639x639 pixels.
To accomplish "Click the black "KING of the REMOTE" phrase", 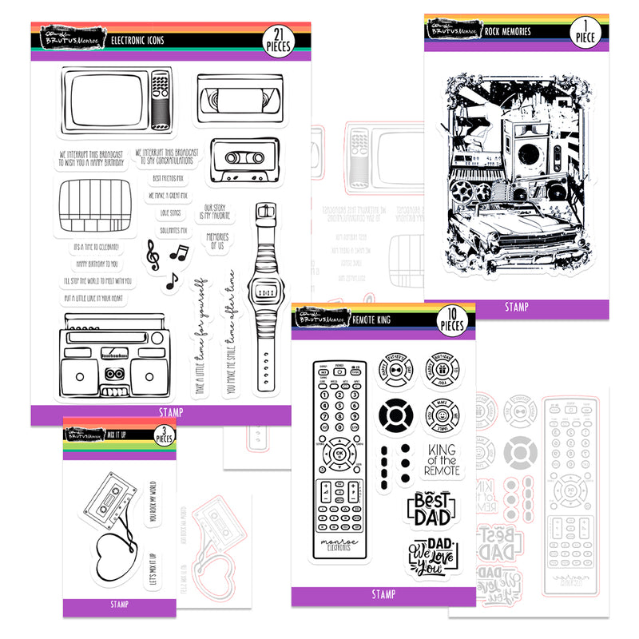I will coord(442,462).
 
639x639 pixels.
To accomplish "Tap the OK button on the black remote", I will coord(341,454).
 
